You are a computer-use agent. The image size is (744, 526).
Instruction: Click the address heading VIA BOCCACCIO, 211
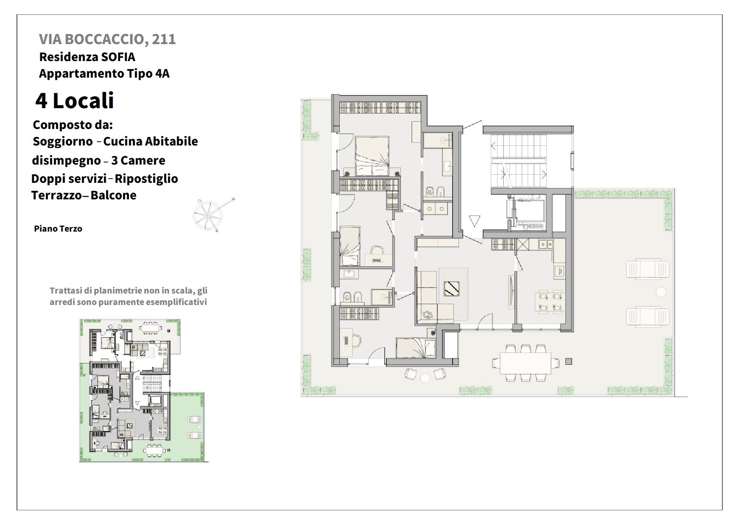click(107, 39)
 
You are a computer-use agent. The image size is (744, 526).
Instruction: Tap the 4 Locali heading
click(75, 101)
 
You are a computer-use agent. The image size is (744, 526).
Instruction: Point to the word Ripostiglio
click(146, 179)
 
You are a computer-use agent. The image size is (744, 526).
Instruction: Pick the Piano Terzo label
click(58, 229)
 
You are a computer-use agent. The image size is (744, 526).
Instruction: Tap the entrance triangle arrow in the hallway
click(475, 221)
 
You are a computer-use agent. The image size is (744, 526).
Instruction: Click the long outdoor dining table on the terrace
click(526, 363)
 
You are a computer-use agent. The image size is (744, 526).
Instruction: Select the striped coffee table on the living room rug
click(451, 288)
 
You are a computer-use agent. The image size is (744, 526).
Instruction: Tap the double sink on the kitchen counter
click(545, 244)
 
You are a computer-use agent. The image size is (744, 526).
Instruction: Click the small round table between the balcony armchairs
click(425, 377)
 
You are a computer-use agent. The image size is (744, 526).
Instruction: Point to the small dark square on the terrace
click(569, 361)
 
